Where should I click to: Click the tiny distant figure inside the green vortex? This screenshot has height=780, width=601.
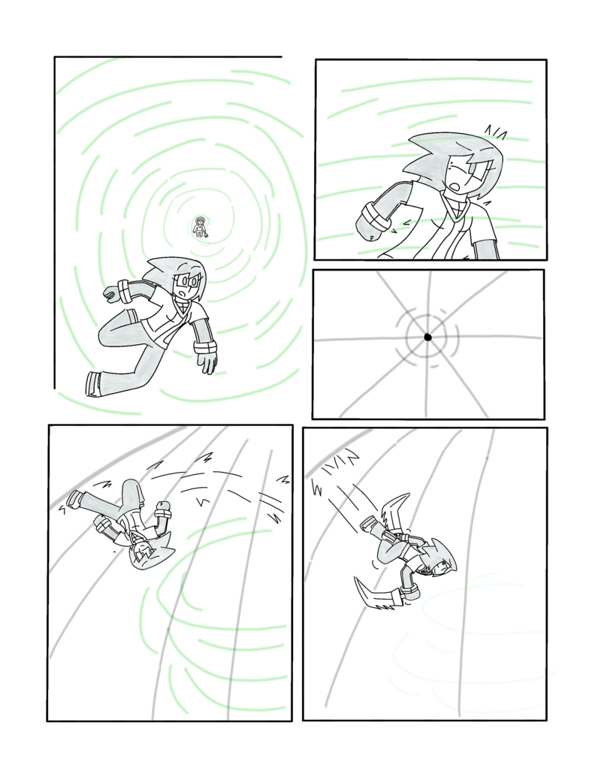[201, 226]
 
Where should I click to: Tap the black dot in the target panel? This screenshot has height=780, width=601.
[427, 337]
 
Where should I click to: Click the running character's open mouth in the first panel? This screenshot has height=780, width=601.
[183, 286]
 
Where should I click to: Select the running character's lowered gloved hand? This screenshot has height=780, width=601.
[206, 360]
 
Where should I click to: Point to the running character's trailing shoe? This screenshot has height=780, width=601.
[93, 383]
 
